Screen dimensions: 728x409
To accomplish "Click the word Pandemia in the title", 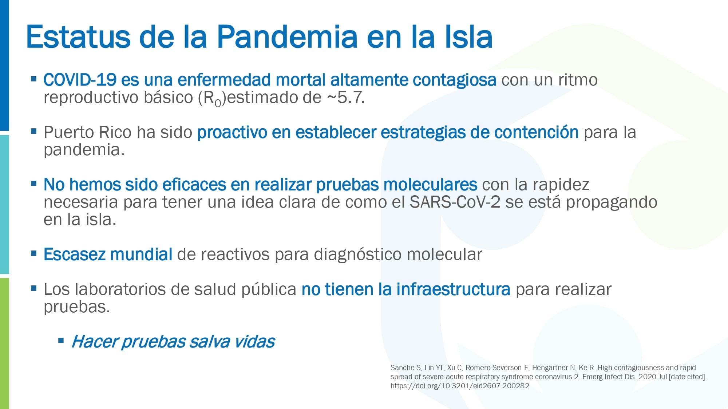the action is tap(288, 36).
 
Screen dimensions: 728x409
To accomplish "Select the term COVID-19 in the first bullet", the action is tap(80, 80).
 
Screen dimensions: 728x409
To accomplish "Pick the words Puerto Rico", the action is tap(88, 132).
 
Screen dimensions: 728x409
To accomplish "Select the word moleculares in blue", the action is tap(430, 184).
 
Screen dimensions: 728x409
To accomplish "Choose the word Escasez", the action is tap(74, 254).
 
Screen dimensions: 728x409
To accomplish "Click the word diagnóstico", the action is tap(358, 255).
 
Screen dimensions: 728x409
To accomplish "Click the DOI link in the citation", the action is tap(460, 386).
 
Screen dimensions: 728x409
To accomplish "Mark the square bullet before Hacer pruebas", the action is tap(61, 341).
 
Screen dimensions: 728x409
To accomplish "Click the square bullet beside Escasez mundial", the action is tap(34, 253).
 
